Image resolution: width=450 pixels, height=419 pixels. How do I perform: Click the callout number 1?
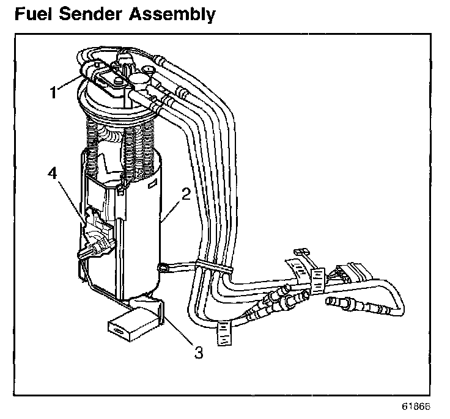[54, 92]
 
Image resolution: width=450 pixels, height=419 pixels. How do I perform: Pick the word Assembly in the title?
[177, 14]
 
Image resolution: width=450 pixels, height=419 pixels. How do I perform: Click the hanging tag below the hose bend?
[224, 333]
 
